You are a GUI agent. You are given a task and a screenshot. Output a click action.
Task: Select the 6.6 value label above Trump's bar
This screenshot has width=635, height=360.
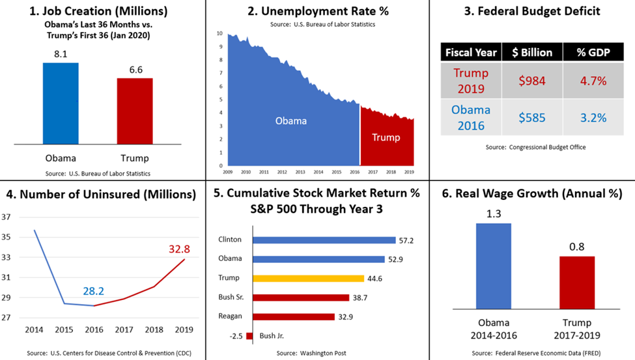point(135,68)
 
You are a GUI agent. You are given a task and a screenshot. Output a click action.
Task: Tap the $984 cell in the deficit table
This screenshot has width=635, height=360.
point(532,81)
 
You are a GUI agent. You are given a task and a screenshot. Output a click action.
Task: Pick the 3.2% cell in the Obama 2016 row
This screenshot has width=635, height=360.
point(593,118)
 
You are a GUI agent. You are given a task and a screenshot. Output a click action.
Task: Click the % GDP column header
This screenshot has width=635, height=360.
point(593,52)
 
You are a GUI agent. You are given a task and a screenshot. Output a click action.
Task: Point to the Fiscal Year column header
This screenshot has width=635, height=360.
point(471,52)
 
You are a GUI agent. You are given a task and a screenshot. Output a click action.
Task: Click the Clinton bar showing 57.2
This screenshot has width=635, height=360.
point(324,240)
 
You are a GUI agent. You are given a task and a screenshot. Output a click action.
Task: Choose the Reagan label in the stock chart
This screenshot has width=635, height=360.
point(231,317)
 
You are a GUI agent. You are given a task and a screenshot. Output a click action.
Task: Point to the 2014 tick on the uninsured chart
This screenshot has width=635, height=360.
point(35,330)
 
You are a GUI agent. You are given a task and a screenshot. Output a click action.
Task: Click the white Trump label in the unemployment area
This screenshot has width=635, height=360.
point(386,137)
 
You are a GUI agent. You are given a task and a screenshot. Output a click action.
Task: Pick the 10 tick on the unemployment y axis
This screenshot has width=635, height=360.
point(219,33)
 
